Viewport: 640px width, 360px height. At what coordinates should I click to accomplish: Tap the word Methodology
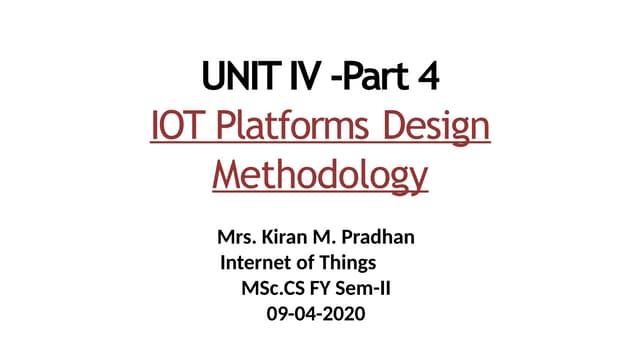coord(320,177)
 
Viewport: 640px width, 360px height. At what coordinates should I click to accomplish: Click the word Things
coord(346,264)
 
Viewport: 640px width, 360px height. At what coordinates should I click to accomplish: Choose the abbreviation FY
coord(320,289)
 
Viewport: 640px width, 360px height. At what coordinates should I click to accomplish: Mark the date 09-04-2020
coord(317,314)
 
